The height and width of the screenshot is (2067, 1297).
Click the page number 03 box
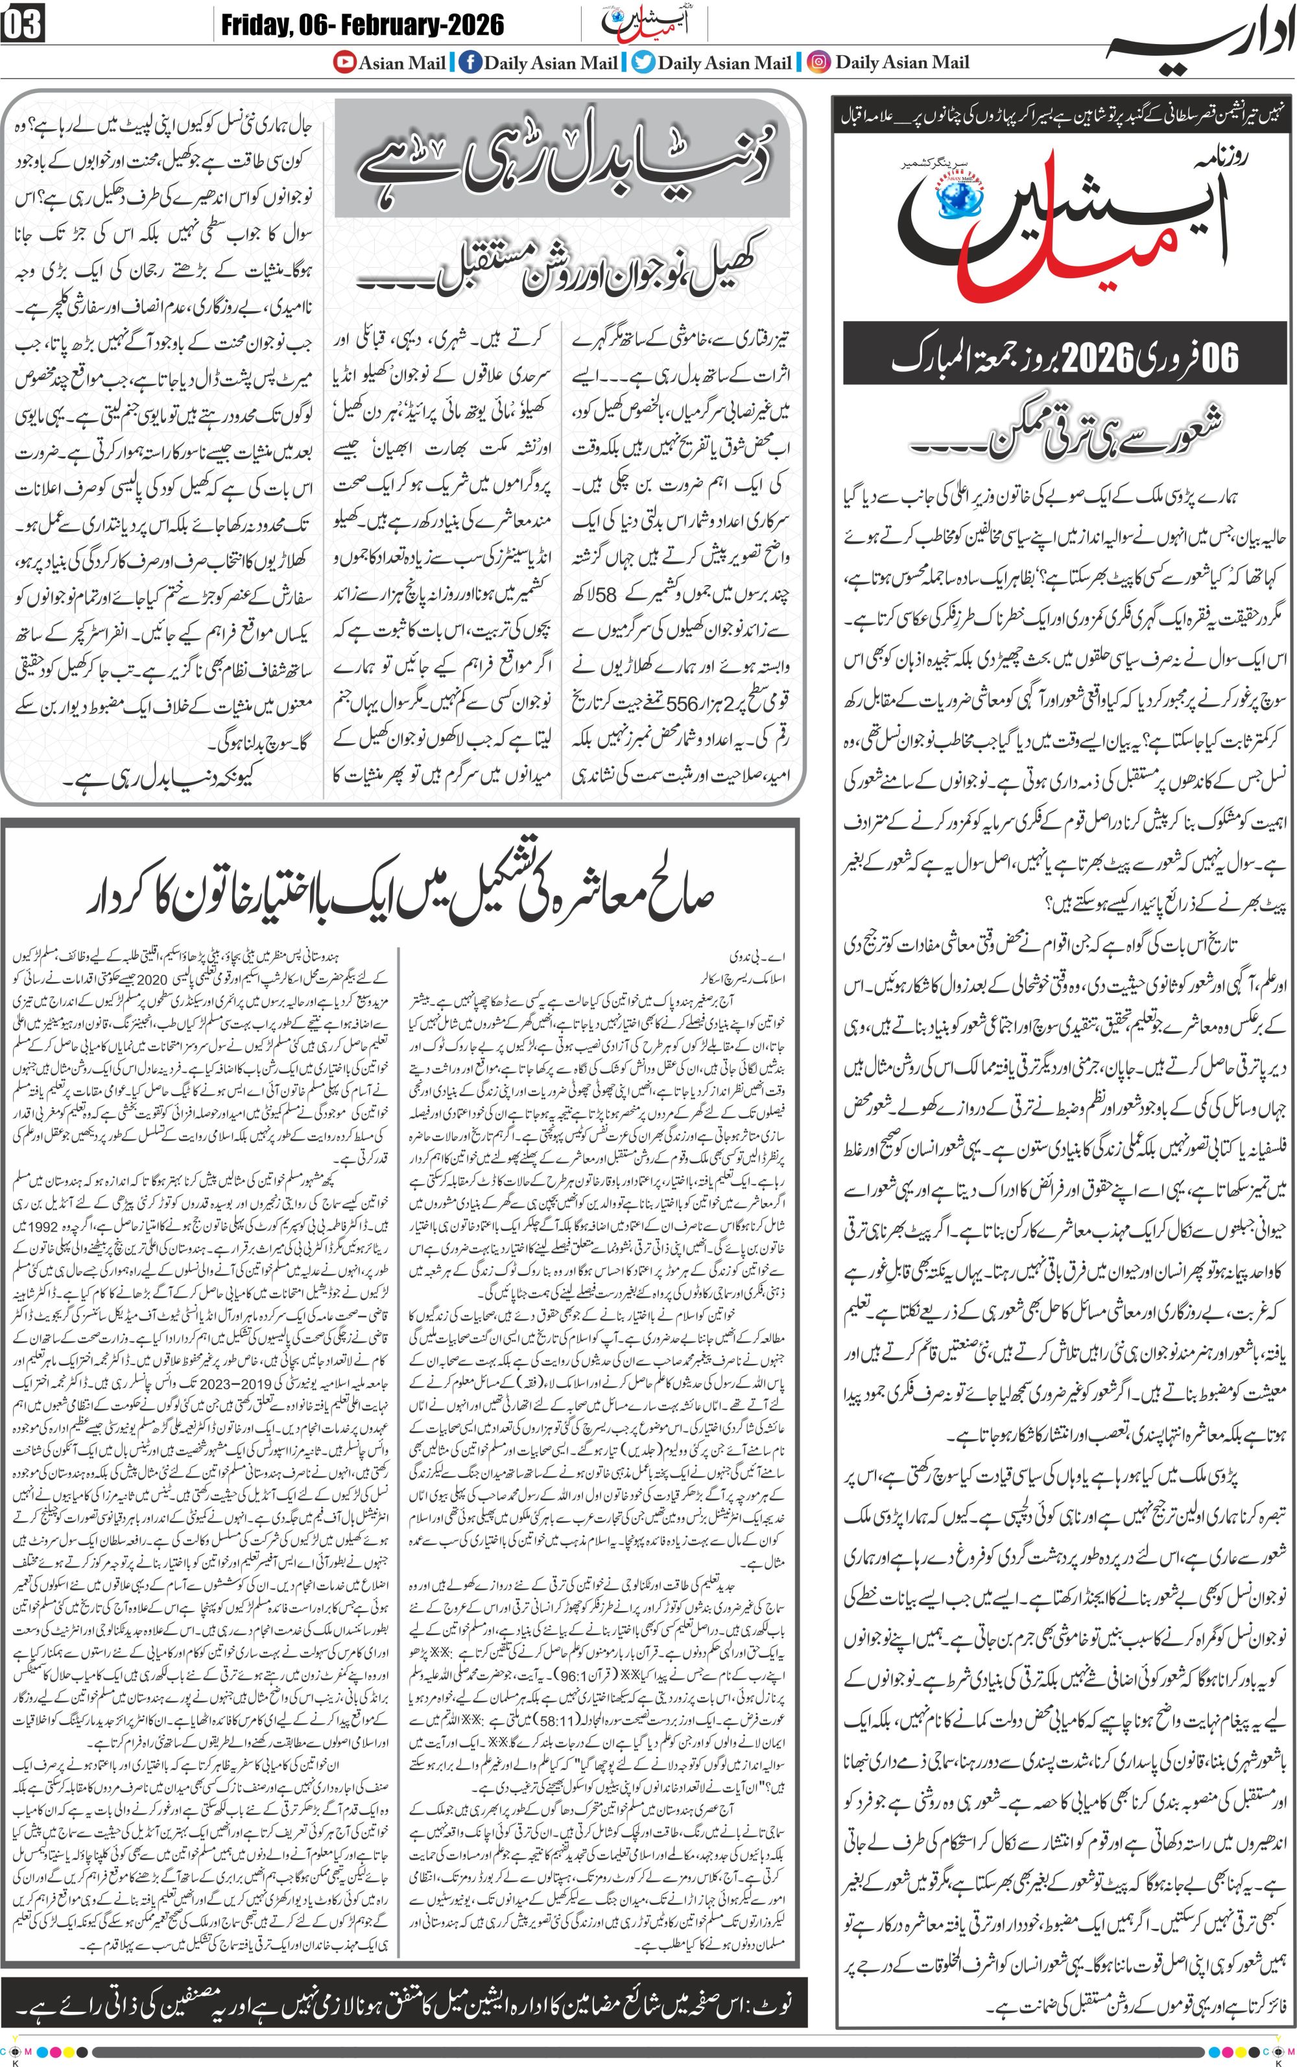click(22, 24)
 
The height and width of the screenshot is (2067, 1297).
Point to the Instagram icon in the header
click(819, 62)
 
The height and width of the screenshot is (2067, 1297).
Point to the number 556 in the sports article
click(682, 702)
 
